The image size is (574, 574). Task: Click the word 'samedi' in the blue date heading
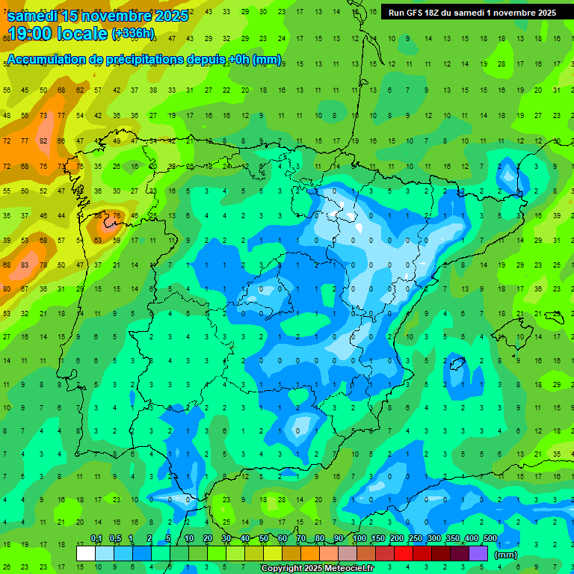point(34,16)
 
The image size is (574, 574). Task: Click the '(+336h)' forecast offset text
point(133,34)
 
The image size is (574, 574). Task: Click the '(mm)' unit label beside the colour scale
point(506,555)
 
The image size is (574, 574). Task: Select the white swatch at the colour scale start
point(86,553)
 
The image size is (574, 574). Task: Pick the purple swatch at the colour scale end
point(478,553)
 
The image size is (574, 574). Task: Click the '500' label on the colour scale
point(490,538)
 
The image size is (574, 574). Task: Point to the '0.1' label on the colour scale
point(96,538)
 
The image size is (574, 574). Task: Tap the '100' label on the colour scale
point(359,538)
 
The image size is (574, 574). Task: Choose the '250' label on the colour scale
point(416,538)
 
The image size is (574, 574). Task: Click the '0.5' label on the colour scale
point(115,538)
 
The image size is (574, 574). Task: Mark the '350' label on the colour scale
point(453,538)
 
